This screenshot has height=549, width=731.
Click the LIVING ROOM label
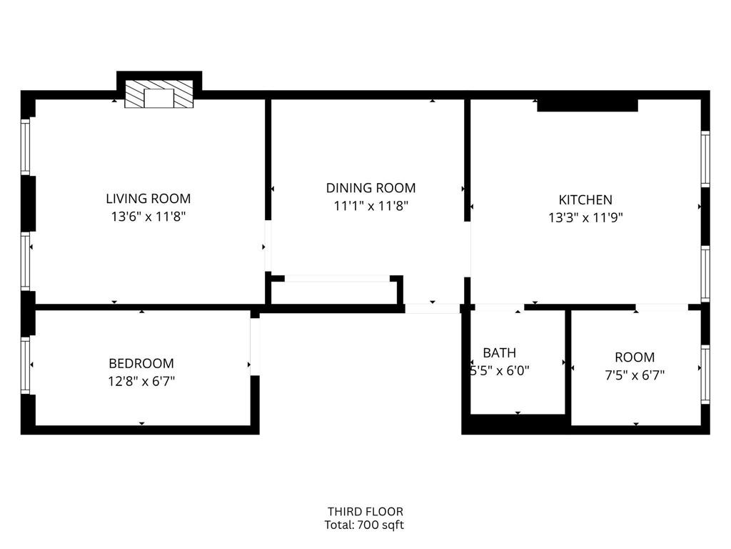click(x=148, y=199)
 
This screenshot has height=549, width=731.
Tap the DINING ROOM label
click(x=370, y=188)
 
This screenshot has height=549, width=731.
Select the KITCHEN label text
click(x=585, y=200)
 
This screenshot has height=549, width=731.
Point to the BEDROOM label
click(x=141, y=363)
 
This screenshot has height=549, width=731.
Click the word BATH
click(x=499, y=353)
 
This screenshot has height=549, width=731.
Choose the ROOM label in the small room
click(x=635, y=357)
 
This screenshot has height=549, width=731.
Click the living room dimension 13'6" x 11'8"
click(x=148, y=217)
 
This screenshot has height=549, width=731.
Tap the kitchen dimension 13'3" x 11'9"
click(x=585, y=217)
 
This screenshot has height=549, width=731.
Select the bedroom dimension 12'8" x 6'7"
click(x=141, y=382)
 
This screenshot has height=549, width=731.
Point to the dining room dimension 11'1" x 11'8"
click(x=370, y=206)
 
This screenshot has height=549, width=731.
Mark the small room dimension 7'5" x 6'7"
click(x=635, y=375)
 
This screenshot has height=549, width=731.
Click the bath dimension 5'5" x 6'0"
click(x=499, y=371)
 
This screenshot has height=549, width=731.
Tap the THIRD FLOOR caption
click(x=365, y=512)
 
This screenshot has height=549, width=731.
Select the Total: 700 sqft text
click(x=364, y=525)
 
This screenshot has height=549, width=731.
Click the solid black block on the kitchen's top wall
click(x=588, y=104)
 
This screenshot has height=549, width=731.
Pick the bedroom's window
click(x=26, y=365)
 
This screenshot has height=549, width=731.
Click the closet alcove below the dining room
click(x=335, y=292)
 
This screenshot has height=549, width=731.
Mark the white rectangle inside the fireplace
click(x=158, y=98)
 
